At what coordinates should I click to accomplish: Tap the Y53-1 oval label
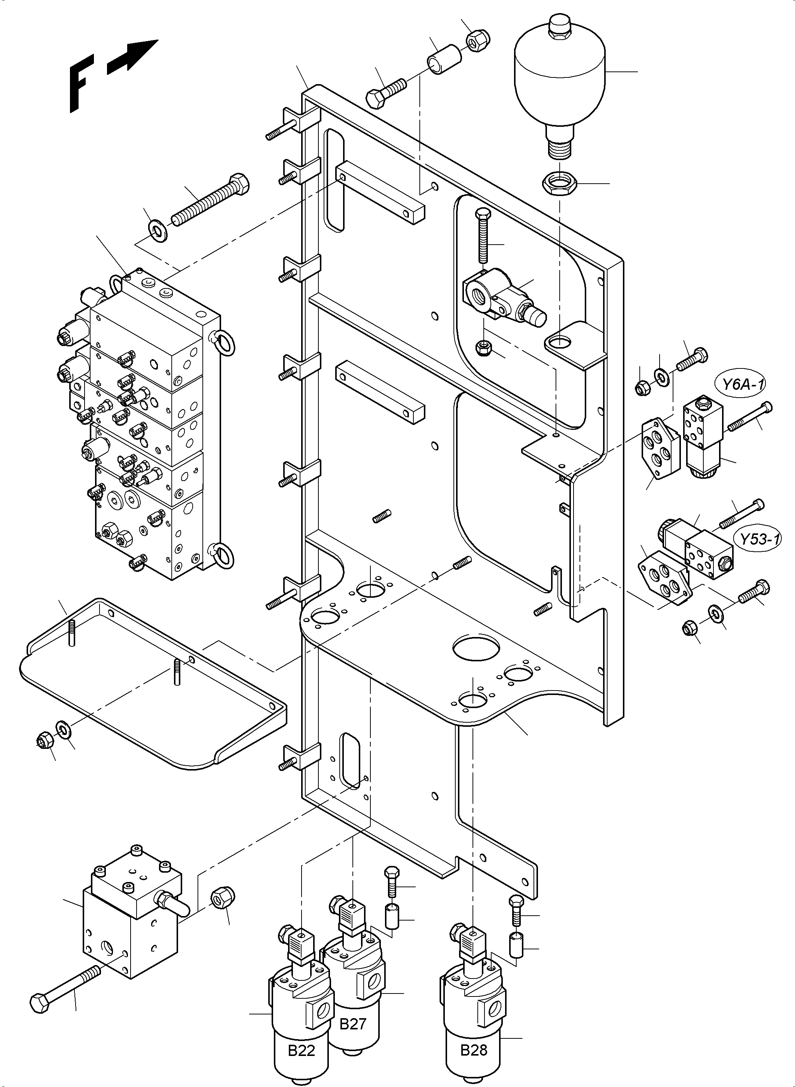click(x=759, y=539)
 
